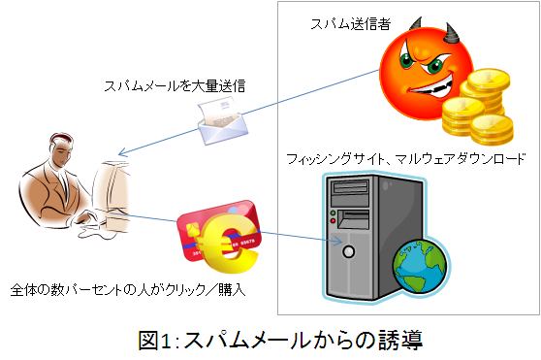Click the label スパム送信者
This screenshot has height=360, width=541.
tap(351, 24)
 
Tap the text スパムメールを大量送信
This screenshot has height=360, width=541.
tap(175, 85)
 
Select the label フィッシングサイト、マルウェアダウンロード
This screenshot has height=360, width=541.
tap(405, 159)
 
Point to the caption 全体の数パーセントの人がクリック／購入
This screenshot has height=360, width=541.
tap(128, 289)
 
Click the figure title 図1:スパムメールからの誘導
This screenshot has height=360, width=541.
tap(280, 341)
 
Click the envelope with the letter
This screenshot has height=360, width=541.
tap(223, 120)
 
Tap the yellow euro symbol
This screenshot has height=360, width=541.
tap(226, 243)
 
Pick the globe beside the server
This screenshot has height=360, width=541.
tap(420, 266)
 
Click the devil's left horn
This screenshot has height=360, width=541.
tap(416, 24)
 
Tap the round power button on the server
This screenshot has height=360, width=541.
tap(348, 251)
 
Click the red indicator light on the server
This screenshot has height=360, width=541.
tap(333, 221)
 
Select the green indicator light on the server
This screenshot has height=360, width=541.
tap(333, 213)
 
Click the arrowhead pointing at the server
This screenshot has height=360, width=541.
tap(338, 241)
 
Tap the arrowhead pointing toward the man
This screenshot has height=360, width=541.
tap(122, 152)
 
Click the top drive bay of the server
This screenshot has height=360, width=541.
tap(349, 188)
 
